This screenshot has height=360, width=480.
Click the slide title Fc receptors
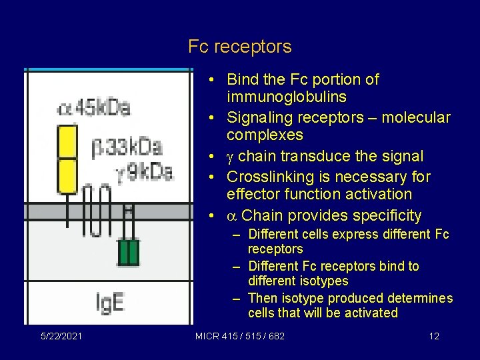click(x=239, y=47)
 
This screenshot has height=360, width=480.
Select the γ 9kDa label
click(x=144, y=173)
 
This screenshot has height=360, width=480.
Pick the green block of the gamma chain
click(x=129, y=253)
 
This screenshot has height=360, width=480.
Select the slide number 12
click(x=434, y=336)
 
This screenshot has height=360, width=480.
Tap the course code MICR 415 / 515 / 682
click(x=239, y=336)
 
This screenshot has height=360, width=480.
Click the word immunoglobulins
click(x=286, y=97)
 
